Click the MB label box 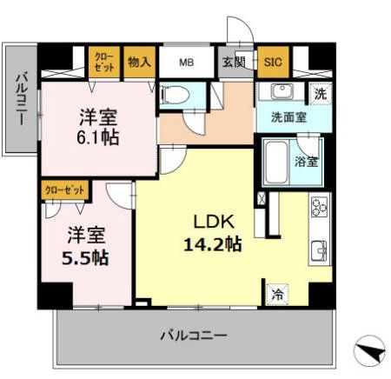point(186,63)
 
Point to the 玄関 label point(232,63)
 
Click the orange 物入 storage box point(139,63)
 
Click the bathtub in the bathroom point(276,163)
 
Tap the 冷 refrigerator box point(278,294)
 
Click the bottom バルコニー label point(194,335)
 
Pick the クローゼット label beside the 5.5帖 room point(64,187)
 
